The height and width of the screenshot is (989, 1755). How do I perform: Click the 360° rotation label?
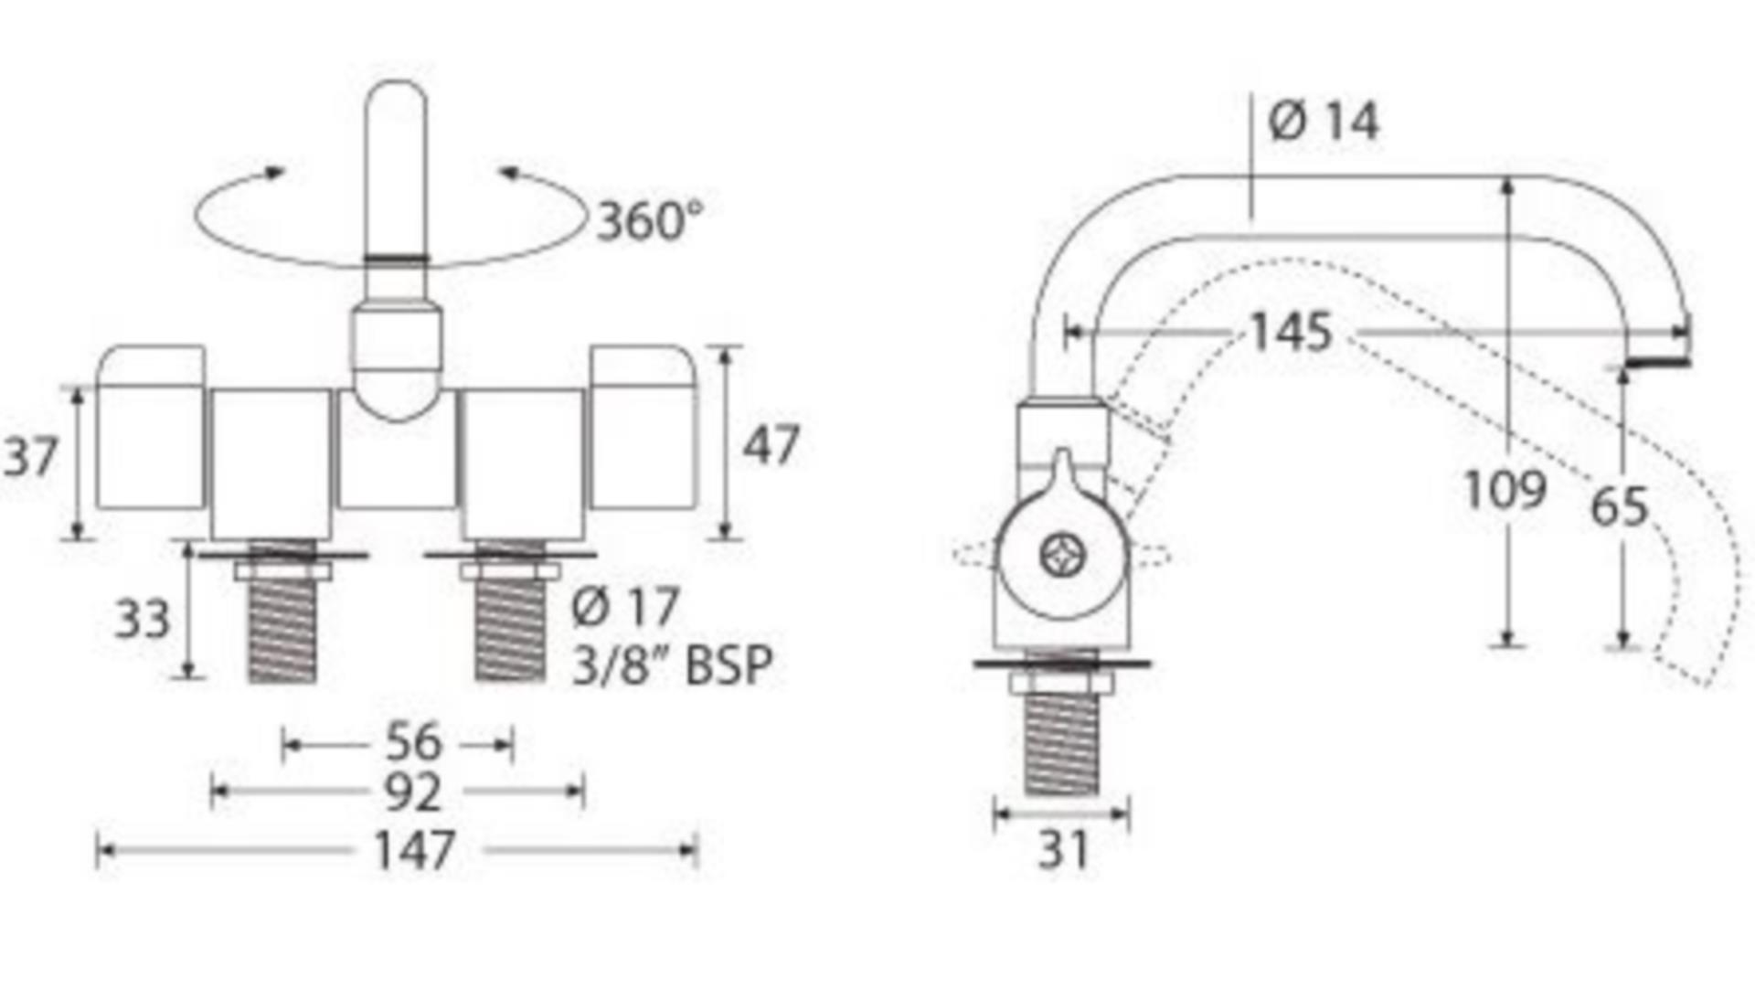(650, 220)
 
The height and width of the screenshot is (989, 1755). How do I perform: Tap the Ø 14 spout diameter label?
(1324, 121)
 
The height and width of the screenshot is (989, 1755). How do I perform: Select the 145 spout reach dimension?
(1292, 333)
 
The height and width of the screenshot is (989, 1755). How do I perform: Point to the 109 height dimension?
(1505, 490)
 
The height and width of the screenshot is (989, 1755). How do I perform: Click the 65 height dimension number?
(1620, 507)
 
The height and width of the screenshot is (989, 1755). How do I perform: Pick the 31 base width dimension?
(1064, 850)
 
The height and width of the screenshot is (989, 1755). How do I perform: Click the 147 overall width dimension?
(414, 851)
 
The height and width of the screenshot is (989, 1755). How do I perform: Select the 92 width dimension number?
(413, 792)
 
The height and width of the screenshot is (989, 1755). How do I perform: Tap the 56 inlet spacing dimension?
(413, 742)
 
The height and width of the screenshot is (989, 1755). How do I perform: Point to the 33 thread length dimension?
(143, 620)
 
